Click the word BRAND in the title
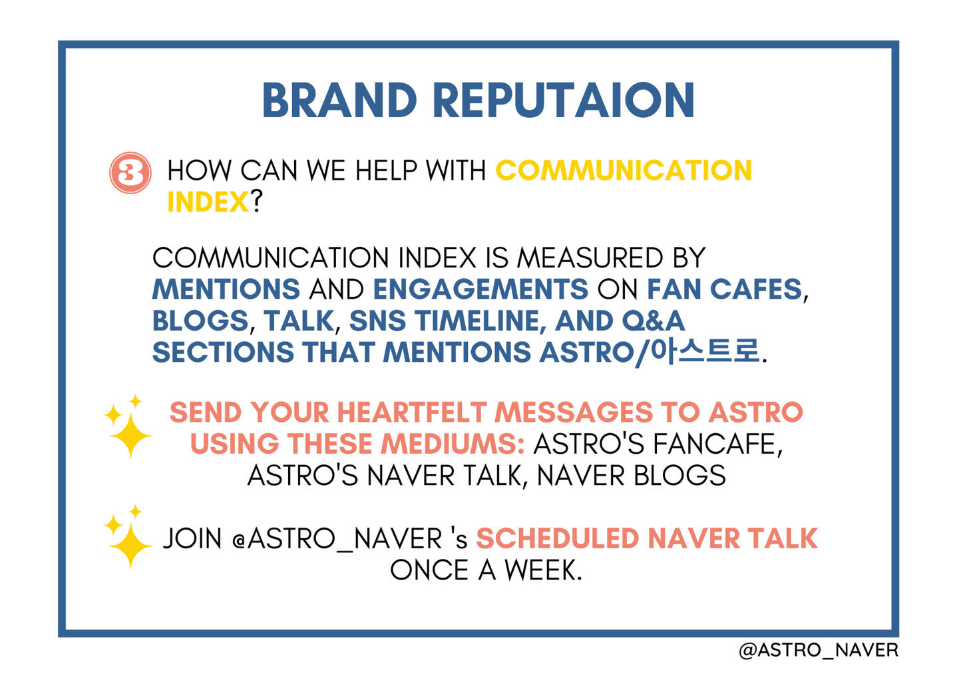pos(339,100)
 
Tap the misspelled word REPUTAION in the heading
pos(564,100)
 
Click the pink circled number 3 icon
pos(130,172)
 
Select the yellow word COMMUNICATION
pos(624,170)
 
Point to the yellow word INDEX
pos(208,202)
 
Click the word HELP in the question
pos(386,170)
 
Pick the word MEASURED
pos(590,258)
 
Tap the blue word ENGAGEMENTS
pos(480,289)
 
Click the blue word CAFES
pos(756,289)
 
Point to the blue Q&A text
pos(654,321)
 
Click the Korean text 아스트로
pos(705,352)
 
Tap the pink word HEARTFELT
pos(412,413)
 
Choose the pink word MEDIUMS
pos(453,444)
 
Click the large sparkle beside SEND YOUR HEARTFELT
pos(130,435)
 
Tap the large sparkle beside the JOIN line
pos(130,546)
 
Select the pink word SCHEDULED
pos(558,538)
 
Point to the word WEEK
pos(543,570)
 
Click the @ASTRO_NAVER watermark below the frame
pos(818,650)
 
